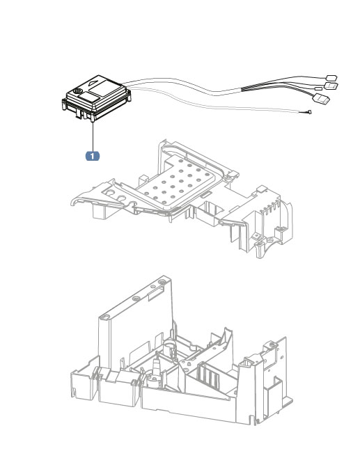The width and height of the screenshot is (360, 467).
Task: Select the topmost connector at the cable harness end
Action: [x=331, y=78]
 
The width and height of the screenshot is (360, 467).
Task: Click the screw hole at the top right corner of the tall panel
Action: [x=162, y=282]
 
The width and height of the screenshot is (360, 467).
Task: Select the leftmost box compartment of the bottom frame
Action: [x=83, y=387]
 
